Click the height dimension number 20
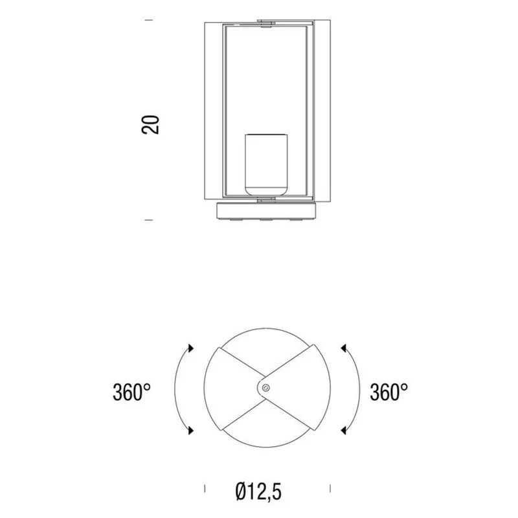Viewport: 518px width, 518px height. coord(150,124)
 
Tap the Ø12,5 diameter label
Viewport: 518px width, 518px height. coord(258,491)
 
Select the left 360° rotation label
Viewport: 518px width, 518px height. coord(131,392)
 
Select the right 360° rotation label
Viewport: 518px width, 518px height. coord(389,392)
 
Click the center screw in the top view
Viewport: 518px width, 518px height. coord(265,388)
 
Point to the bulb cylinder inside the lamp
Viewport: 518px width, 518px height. coord(266,164)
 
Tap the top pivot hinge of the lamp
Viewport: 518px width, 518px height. coord(266,23)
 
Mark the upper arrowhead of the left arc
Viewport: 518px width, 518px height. coord(190,348)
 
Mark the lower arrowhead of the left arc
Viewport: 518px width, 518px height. coord(190,430)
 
